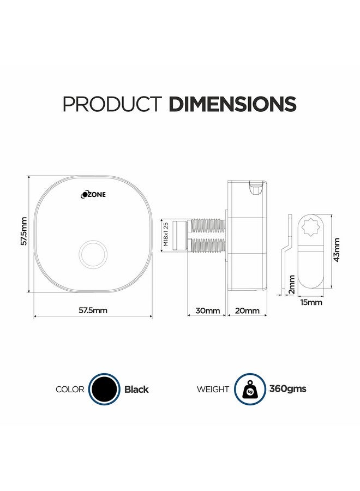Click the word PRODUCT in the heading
112,104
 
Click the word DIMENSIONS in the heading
232,104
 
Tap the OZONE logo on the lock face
93,194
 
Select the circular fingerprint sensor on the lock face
93,254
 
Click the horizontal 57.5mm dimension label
93,310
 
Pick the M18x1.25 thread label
166,234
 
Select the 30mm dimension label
208,310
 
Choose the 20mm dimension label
247,310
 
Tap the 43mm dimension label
337,249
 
